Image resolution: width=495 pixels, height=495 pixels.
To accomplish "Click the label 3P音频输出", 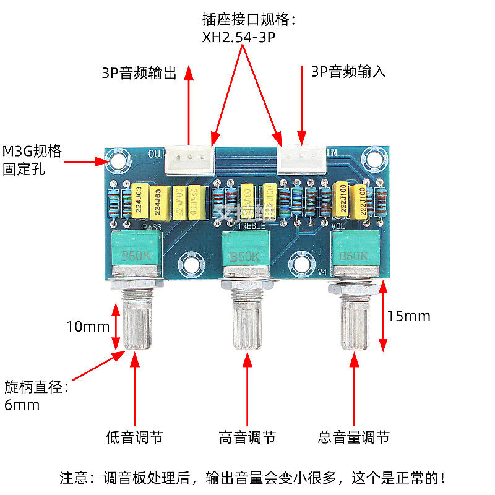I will [139, 73].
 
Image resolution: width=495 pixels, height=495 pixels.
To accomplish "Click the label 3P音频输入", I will [348, 72].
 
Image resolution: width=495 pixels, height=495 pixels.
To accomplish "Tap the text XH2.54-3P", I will [238, 37].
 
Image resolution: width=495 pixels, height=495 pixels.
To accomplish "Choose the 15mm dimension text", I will [408, 316].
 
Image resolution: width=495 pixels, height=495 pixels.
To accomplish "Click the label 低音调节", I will [134, 437].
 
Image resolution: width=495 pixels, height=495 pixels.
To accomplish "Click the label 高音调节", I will [247, 437].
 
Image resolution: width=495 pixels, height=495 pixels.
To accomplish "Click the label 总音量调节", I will [354, 437].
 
